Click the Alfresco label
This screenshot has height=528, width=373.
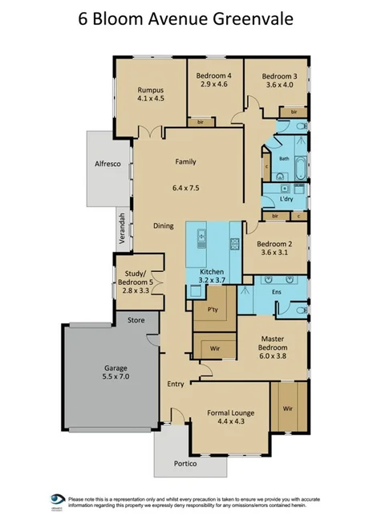[107, 164]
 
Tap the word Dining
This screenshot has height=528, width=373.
[164, 225]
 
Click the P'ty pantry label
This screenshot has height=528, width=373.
[213, 310]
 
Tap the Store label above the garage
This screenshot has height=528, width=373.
[135, 320]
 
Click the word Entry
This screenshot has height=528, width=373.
[176, 384]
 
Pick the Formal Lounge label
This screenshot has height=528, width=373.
[230, 413]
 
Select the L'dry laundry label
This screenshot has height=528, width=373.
[286, 198]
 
